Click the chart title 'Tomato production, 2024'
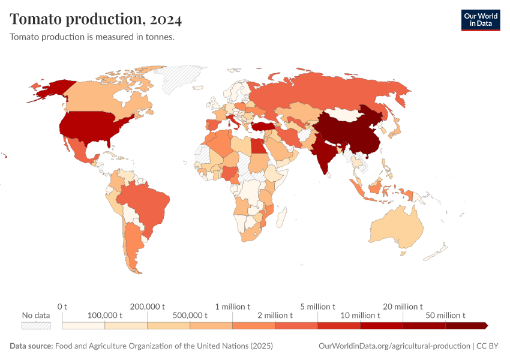point(96,19)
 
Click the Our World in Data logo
point(480,20)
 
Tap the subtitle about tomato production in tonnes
point(92,37)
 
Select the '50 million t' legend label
point(445,315)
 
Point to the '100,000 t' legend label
point(104,315)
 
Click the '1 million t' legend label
point(233,307)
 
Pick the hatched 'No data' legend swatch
point(35,325)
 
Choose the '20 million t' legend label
point(403,307)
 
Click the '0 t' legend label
point(62,307)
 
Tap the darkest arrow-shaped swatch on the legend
point(467,325)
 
